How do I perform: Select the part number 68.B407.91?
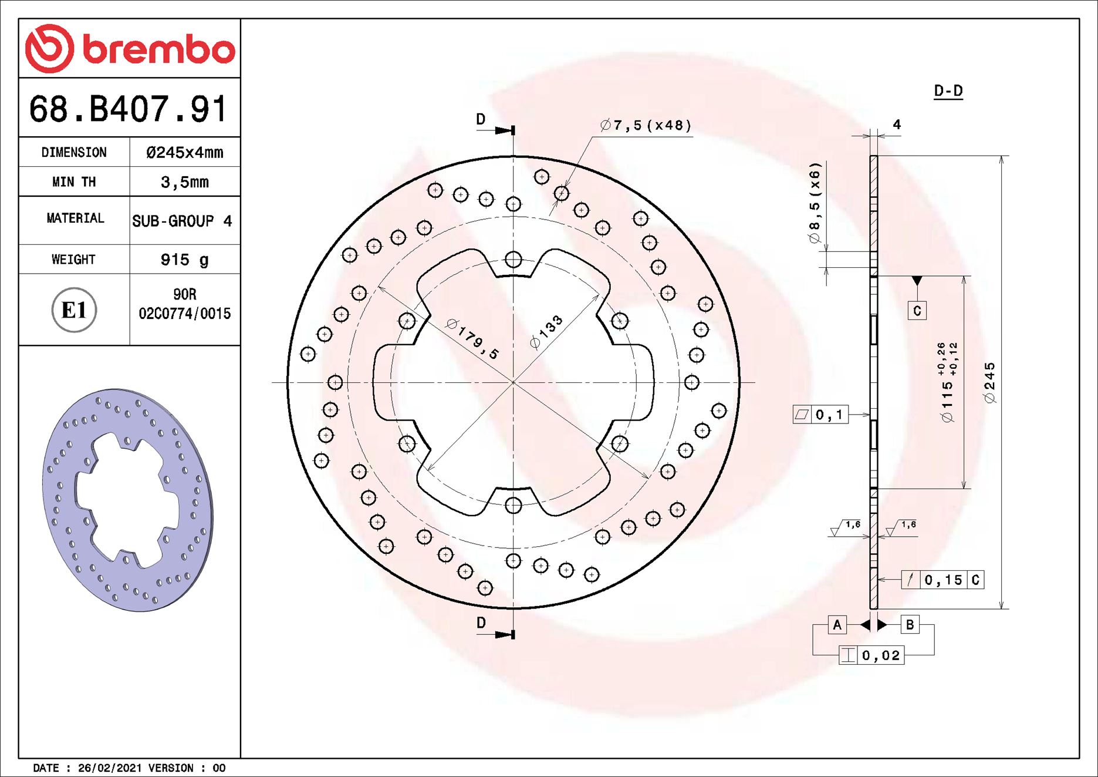128,109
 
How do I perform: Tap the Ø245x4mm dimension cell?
184,153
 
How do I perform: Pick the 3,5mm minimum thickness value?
184,182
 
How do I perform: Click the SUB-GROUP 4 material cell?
182,221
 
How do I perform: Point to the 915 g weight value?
184,260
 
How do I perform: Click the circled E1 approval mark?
74,310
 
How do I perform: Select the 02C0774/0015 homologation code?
184,314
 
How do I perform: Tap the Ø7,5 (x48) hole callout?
646,125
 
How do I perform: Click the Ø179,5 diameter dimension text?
472,339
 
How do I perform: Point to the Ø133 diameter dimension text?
546,332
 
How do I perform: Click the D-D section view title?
948,91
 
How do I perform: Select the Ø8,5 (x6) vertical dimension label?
815,203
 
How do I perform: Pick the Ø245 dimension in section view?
990,383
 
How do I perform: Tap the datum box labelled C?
917,311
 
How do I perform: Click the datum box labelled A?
837,625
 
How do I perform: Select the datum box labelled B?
910,625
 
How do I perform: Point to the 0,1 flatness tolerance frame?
820,415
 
